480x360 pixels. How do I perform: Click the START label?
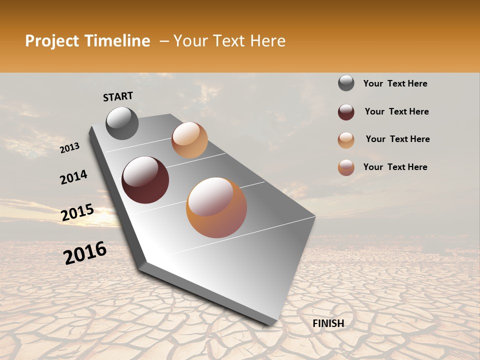pyautogui.click(x=118, y=96)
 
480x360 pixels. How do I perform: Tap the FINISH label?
pyautogui.click(x=328, y=323)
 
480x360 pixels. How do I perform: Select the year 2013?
pyautogui.click(x=70, y=147)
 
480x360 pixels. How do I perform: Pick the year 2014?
pyautogui.click(x=73, y=177)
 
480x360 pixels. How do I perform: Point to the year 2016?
pyautogui.click(x=85, y=253)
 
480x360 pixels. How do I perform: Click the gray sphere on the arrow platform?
pyautogui.click(x=122, y=123)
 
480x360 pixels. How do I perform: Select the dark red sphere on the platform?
pyautogui.click(x=145, y=180)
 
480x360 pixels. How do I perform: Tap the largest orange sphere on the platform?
pyautogui.click(x=216, y=207)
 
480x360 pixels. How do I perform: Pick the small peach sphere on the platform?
pyautogui.click(x=189, y=140)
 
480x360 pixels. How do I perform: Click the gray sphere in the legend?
pyautogui.click(x=346, y=83)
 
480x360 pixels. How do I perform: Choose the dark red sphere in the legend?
pyautogui.click(x=346, y=112)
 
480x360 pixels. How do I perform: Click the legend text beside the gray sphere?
pyautogui.click(x=395, y=83)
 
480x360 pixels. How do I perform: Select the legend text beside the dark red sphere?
pyautogui.click(x=396, y=111)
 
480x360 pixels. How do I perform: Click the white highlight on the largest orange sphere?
pyautogui.click(x=209, y=196)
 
